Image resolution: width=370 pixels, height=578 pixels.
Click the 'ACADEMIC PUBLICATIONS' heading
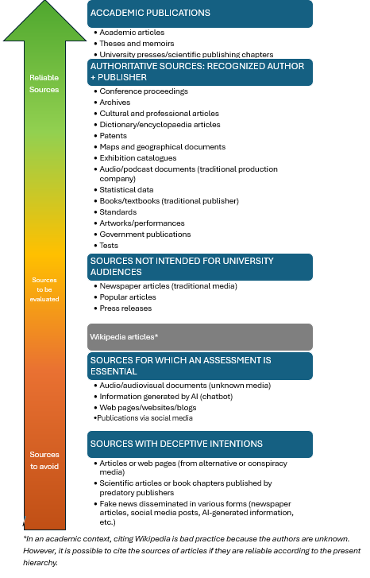(150, 14)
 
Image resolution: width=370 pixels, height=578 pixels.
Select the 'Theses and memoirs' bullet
(137, 44)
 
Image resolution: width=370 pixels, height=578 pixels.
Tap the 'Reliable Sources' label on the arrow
(44, 83)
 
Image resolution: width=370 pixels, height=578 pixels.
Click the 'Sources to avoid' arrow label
(44, 460)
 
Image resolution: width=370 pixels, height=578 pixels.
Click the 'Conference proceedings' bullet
(144, 91)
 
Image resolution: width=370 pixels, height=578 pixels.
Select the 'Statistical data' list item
(126, 190)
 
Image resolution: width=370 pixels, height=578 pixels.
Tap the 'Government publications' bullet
(145, 235)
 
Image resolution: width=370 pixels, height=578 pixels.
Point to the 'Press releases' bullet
(125, 308)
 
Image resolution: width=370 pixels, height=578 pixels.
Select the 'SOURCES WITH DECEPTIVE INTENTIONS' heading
(176, 444)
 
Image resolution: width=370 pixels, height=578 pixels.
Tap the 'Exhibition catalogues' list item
(139, 158)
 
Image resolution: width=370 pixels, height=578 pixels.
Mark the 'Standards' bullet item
(119, 212)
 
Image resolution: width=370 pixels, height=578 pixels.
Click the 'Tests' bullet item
(109, 246)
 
